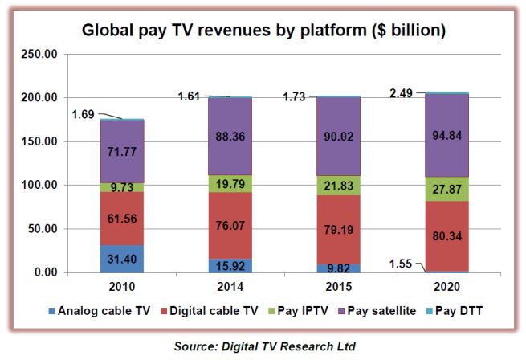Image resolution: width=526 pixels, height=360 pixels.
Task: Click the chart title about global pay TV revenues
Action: click(x=263, y=31)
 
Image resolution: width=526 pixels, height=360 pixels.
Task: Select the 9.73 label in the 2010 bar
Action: click(x=121, y=186)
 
